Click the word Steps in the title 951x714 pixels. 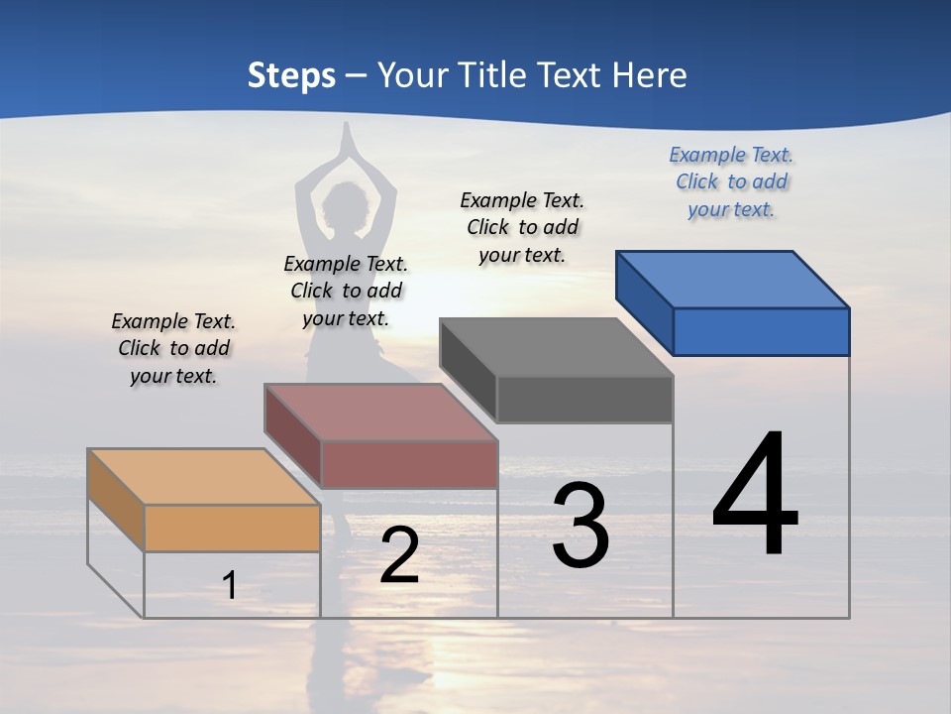coord(291,75)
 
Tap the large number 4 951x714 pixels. coord(755,496)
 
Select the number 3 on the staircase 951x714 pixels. coord(581,526)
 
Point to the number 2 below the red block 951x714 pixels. coord(399,556)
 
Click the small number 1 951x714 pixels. coord(230,585)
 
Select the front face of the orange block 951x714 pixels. coord(232,528)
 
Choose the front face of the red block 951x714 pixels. coord(409,464)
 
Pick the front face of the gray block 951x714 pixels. coord(584,399)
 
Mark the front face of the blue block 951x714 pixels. coord(761,331)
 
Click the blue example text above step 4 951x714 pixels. coord(731,181)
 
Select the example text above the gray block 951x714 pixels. coord(522,227)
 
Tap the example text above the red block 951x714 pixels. coord(346,291)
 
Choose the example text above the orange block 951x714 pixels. coord(173,348)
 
